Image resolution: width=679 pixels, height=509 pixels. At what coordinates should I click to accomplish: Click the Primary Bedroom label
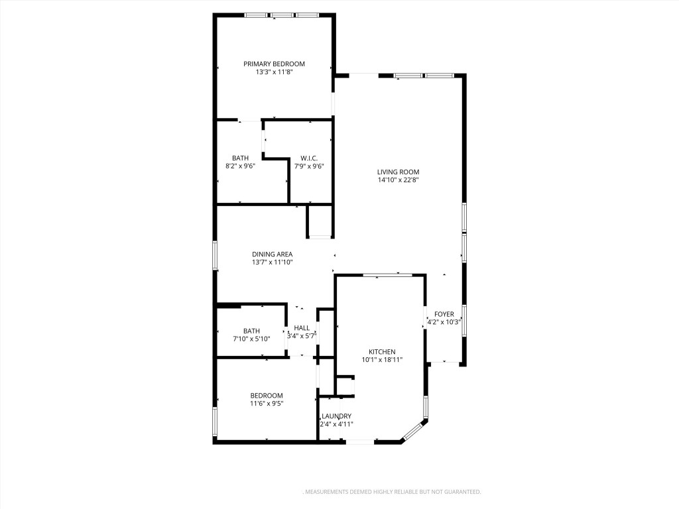point(274,64)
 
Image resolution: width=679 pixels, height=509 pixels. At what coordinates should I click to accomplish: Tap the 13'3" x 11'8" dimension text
point(274,72)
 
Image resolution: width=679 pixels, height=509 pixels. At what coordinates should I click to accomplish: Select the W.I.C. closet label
point(309,158)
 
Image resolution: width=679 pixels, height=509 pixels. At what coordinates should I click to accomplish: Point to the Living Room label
point(399,172)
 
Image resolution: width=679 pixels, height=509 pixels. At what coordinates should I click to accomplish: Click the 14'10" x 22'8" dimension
point(399,180)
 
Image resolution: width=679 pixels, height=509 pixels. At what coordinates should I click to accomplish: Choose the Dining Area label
point(272,254)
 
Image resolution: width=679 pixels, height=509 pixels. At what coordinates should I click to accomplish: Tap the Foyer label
point(444,313)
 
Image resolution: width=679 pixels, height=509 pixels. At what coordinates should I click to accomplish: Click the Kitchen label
point(383,351)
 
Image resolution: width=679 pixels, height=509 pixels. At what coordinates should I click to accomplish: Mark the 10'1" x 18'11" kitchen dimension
point(383,359)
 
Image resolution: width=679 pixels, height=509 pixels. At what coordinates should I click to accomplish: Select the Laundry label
point(336,416)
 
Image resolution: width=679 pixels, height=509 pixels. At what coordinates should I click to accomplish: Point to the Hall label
point(302,327)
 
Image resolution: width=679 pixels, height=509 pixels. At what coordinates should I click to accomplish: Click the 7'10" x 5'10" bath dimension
point(251,339)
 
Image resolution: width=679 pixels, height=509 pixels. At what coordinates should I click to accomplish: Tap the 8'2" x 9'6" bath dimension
point(240,166)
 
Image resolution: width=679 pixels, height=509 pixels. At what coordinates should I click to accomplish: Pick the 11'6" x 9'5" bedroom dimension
point(266,403)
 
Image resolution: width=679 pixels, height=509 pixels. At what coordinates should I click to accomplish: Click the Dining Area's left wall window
point(215,255)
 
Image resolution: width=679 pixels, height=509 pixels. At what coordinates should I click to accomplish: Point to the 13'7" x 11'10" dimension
point(272,262)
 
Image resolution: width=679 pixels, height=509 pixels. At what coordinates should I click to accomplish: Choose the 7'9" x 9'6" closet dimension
point(309,166)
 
